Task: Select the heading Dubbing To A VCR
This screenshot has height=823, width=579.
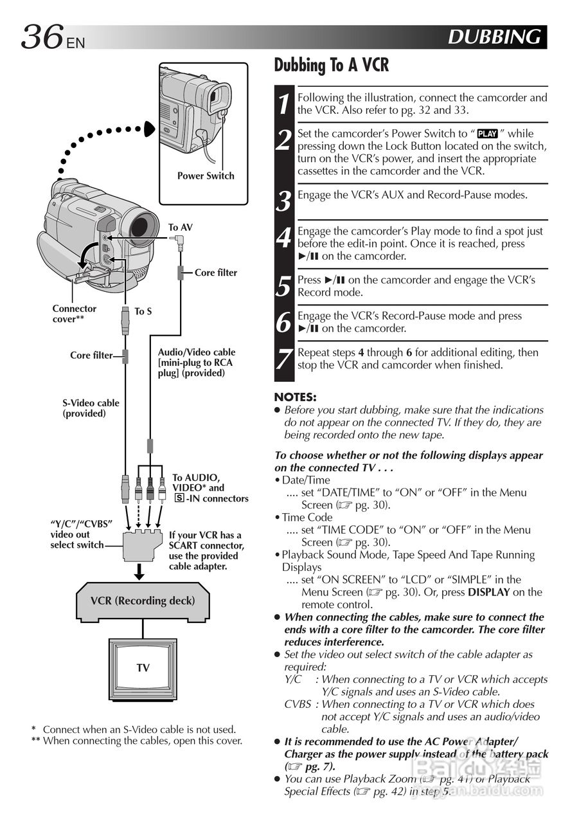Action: (331, 65)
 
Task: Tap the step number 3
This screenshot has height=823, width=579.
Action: (283, 201)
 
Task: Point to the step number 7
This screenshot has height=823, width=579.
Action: (284, 359)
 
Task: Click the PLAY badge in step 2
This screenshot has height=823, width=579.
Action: (487, 133)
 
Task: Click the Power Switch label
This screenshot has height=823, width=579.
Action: (206, 176)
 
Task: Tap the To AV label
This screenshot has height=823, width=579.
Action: (181, 228)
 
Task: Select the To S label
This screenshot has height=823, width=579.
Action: (143, 311)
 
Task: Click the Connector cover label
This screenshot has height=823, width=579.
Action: (74, 313)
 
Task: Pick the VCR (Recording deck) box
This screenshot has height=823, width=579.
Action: (143, 601)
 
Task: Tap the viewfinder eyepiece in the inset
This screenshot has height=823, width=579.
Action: (219, 99)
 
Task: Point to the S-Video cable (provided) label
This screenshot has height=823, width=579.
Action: (91, 408)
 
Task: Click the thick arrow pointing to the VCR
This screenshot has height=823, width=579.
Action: (139, 572)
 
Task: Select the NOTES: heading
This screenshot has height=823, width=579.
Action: (295, 397)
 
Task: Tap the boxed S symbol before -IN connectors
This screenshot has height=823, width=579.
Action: (179, 498)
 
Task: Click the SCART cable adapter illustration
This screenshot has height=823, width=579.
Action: (143, 545)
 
